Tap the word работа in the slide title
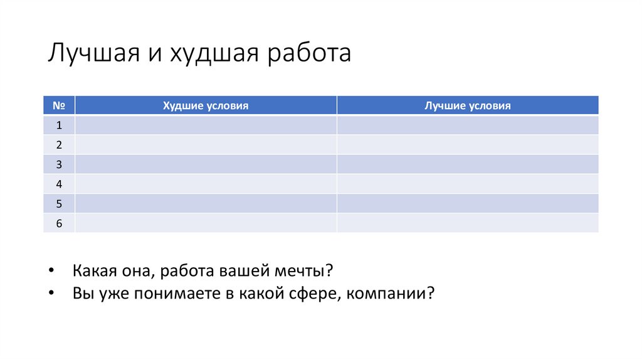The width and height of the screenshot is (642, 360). pyautogui.click(x=310, y=53)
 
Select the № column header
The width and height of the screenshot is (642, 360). pyautogui.click(x=59, y=106)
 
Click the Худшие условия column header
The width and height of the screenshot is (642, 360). pyautogui.click(x=206, y=106)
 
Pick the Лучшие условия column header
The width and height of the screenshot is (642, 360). pyautogui.click(x=467, y=106)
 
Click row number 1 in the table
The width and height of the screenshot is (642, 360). pyautogui.click(x=59, y=125)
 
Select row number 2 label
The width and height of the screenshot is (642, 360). pyautogui.click(x=59, y=145)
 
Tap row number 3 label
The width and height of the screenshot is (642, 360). pyautogui.click(x=59, y=164)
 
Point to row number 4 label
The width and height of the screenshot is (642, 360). pyautogui.click(x=59, y=184)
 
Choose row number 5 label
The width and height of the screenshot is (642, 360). pyautogui.click(x=59, y=203)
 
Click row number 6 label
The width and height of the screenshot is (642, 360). pyautogui.click(x=59, y=223)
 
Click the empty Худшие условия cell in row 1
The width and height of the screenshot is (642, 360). pyautogui.click(x=206, y=125)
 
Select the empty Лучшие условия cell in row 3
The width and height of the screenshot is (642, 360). pyautogui.click(x=467, y=164)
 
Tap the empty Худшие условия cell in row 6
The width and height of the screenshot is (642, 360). pyautogui.click(x=206, y=223)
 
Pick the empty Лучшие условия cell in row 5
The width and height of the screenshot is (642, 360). pyautogui.click(x=467, y=203)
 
